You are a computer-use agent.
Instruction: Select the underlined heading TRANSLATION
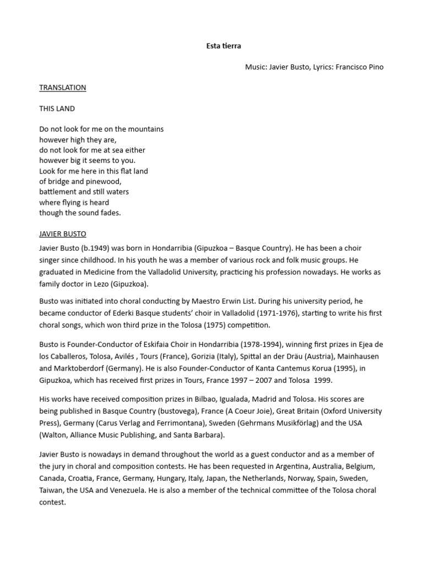(x=63, y=88)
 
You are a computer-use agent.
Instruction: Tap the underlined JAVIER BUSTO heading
(x=63, y=234)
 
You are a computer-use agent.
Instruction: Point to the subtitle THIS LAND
(x=57, y=109)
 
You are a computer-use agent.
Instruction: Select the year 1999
(x=323, y=381)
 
